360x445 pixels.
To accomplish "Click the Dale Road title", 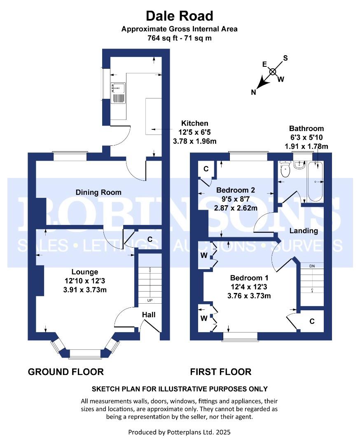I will click(x=180, y=16).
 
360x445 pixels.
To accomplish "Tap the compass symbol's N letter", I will click(x=254, y=93).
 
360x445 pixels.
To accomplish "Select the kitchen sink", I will click(x=117, y=88).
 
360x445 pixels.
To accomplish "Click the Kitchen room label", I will click(x=195, y=123).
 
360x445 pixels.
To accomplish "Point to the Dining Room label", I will click(x=98, y=192).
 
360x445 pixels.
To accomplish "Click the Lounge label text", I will click(x=85, y=272).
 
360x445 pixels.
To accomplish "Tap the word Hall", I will click(x=149, y=315).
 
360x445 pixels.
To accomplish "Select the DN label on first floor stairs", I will click(x=312, y=266).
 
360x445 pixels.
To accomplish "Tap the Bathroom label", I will click(x=306, y=129).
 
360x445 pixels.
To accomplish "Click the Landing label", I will click(x=304, y=231).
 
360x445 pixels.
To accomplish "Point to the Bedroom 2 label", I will click(x=236, y=190).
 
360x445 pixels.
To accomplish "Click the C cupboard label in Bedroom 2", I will click(x=206, y=169).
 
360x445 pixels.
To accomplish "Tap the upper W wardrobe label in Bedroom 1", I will click(x=203, y=255).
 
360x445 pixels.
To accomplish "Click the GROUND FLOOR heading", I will click(x=65, y=372).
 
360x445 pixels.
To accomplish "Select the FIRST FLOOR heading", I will click(x=220, y=372).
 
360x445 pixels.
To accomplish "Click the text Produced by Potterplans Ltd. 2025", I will click(x=180, y=432).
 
